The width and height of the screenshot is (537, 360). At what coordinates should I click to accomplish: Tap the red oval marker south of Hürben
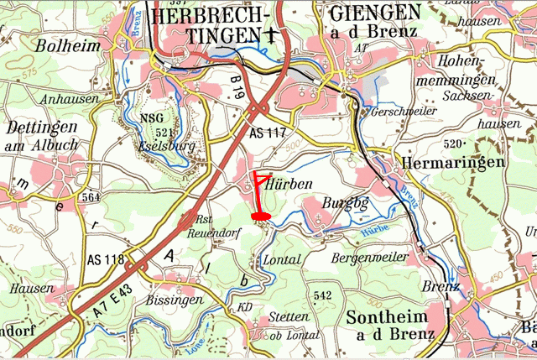click(x=261, y=216)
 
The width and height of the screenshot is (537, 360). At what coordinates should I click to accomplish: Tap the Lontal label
click(x=282, y=260)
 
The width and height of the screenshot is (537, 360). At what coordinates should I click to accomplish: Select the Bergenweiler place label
click(x=369, y=258)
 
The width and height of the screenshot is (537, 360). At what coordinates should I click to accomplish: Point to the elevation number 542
click(x=321, y=295)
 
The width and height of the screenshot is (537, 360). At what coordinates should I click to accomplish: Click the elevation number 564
click(x=92, y=197)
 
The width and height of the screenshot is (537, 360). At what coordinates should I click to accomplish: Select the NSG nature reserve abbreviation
click(x=153, y=118)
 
